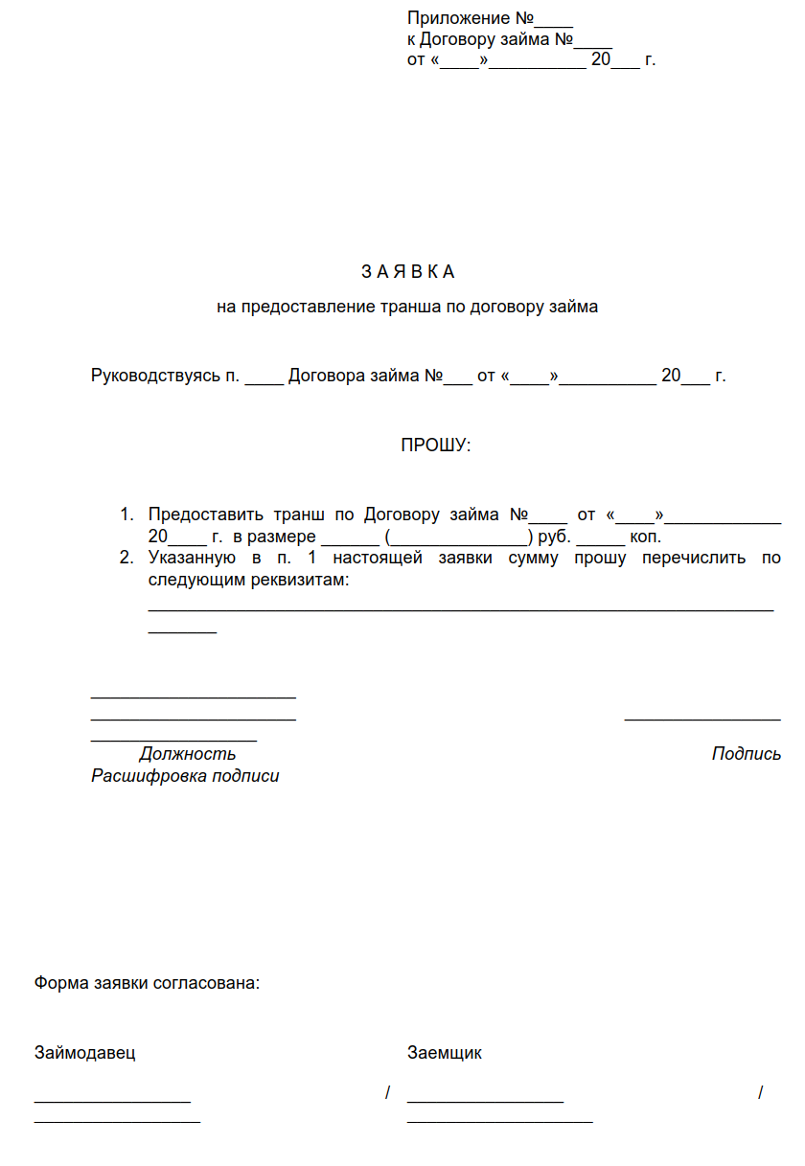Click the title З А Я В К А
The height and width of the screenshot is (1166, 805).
point(407,272)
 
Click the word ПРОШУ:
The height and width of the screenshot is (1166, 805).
point(436,446)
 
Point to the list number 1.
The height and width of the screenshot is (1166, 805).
point(126,515)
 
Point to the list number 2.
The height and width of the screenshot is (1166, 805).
point(126,559)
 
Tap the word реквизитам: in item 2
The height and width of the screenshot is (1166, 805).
point(295,581)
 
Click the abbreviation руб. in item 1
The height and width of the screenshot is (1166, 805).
point(555,537)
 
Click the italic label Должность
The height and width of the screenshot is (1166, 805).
point(188,754)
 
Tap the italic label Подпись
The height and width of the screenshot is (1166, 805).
point(747,754)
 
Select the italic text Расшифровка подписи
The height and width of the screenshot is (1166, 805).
point(185,776)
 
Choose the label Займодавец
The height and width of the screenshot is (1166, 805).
point(85,1053)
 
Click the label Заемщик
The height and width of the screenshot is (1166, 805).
point(445,1053)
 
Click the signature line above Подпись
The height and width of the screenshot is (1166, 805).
point(702,720)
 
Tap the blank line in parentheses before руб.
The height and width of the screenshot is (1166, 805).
point(459,540)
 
